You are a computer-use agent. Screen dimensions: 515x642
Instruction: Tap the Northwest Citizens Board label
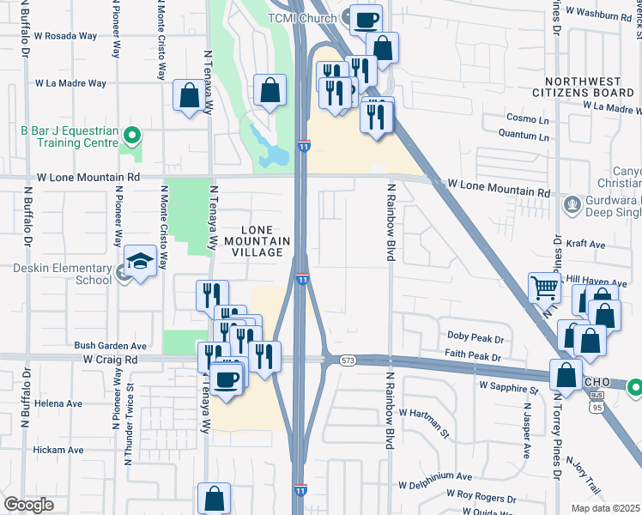587,85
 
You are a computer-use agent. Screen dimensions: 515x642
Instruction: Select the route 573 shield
347,360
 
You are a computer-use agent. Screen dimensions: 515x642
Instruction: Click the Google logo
28,505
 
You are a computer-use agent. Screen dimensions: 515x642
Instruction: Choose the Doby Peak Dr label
475,336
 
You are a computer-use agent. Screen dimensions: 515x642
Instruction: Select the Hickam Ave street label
58,450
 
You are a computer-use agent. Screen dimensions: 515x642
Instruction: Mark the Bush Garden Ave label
111,347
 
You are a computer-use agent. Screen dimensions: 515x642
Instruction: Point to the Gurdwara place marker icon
572,205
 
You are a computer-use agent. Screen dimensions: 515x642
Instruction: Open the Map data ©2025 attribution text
605,508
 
